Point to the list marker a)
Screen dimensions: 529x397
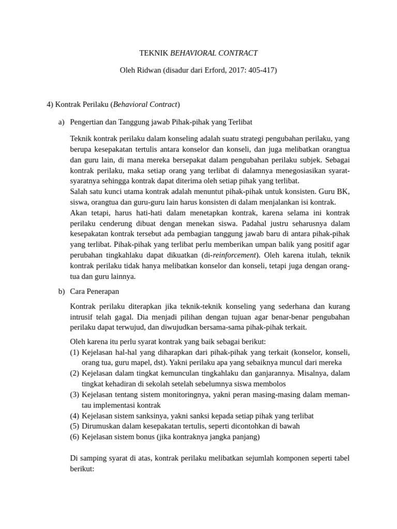[x=62, y=122]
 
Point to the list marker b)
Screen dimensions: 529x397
[x=62, y=291]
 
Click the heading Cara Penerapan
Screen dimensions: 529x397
[x=95, y=291]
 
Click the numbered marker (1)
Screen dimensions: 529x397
[x=75, y=352]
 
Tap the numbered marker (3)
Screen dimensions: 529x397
[x=75, y=395]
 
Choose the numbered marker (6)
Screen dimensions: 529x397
[x=75, y=437]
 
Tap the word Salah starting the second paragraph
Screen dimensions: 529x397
[x=79, y=192]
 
